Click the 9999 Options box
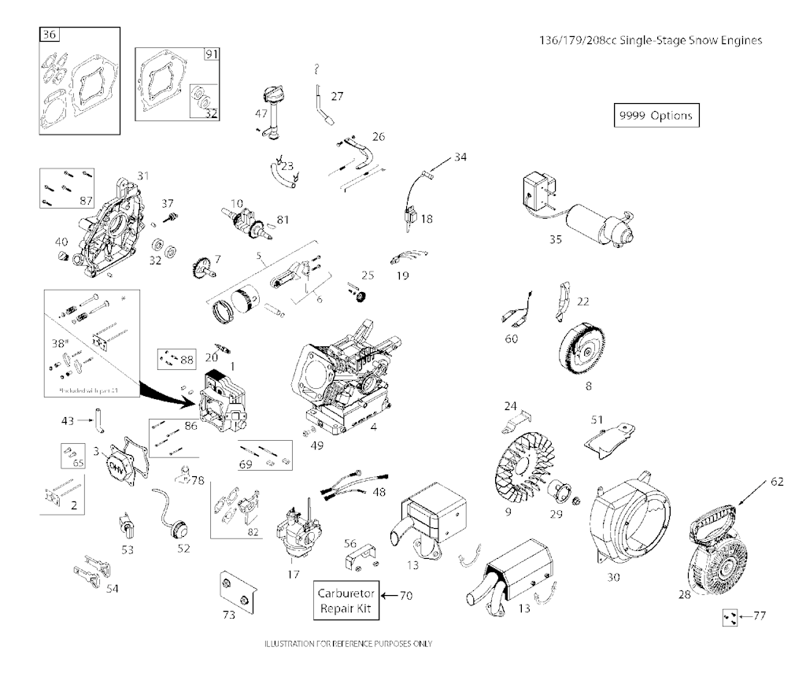pyautogui.click(x=655, y=115)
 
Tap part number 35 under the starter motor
pyautogui.click(x=556, y=239)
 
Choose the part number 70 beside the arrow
pyautogui.click(x=406, y=596)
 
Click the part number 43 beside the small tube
pyautogui.click(x=67, y=421)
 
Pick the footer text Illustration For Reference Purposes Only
pyautogui.click(x=348, y=643)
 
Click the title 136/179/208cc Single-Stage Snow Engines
pyautogui.click(x=647, y=40)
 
